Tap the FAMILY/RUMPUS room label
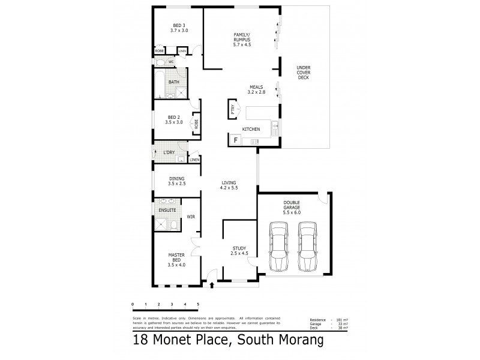coord(241,40)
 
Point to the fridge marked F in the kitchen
coord(236,140)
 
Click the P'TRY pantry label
coord(232,110)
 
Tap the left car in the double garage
coord(278,247)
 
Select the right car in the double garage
coord(307,247)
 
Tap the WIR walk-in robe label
coord(190,216)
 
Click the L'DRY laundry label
coord(169,152)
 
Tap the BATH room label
coord(173,82)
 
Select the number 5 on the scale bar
coord(198,305)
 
